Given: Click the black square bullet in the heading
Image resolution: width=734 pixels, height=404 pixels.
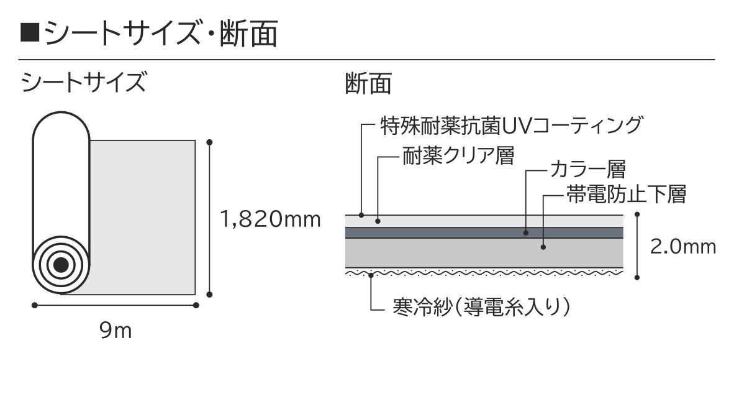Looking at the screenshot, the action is click(x=29, y=34).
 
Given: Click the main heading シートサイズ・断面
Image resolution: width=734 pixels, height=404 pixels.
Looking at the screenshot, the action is click(x=161, y=34).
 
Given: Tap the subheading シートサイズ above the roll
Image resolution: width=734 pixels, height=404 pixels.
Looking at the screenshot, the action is click(x=83, y=82).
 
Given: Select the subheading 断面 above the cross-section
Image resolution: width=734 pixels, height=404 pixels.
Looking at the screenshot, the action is click(x=368, y=83).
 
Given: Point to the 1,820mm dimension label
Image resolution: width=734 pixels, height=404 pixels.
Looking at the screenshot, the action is click(x=270, y=219).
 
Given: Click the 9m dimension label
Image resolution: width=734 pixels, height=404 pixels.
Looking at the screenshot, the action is click(x=116, y=331).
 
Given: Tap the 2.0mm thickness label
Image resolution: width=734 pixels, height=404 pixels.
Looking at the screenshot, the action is click(x=683, y=247).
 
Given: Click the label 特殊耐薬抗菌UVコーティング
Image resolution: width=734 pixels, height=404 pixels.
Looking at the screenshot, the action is click(x=512, y=126).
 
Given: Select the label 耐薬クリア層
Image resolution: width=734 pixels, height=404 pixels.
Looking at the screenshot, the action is click(x=458, y=155).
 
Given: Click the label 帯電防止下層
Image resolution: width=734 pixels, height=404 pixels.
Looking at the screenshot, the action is click(x=627, y=194).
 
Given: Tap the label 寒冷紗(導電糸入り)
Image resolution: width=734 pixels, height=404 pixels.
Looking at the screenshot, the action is click(x=481, y=308).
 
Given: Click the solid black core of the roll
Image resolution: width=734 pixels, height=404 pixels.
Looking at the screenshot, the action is click(x=61, y=265).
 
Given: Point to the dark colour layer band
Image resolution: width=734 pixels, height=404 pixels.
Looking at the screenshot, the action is click(x=484, y=233).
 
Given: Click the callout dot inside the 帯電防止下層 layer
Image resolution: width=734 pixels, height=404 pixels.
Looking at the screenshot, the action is click(x=543, y=247).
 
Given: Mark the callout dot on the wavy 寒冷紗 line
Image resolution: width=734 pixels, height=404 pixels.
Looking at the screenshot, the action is click(x=371, y=275).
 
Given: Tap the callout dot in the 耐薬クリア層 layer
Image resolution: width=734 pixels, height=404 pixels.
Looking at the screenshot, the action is click(x=378, y=221).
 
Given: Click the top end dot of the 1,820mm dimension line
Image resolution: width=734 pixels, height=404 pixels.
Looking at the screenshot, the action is click(x=209, y=142).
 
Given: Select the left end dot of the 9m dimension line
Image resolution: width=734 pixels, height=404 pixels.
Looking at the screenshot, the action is click(x=35, y=306).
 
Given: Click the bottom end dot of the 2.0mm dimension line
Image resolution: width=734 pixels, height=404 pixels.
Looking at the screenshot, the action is click(x=637, y=277).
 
